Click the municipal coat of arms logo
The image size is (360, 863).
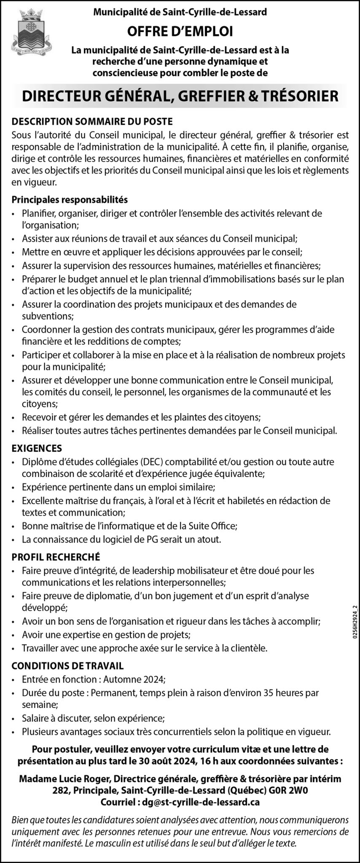coord(29,29)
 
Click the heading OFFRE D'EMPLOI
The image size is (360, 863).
coord(180,31)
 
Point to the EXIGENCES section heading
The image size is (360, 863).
coord(37,448)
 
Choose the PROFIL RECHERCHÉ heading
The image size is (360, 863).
coord(56,557)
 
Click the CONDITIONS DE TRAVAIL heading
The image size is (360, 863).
coord(67,666)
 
